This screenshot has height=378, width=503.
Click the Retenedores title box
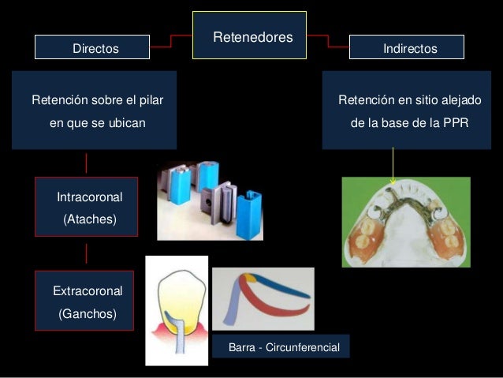tap(249, 36)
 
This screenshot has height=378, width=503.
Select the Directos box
tap(91, 48)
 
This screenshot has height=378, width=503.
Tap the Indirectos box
tap(407, 48)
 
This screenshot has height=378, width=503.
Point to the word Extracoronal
tap(86, 291)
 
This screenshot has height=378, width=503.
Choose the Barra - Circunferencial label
tap(281, 346)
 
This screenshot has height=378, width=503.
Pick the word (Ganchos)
tap(86, 314)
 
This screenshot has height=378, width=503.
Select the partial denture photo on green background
tap(405, 221)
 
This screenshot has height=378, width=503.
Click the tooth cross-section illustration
tap(177, 310)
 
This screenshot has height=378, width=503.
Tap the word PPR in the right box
tap(453, 123)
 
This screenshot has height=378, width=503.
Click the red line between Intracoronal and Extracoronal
tap(86, 253)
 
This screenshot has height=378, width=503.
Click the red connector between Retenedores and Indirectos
tap(327, 41)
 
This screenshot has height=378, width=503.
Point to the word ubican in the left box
tap(129, 123)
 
